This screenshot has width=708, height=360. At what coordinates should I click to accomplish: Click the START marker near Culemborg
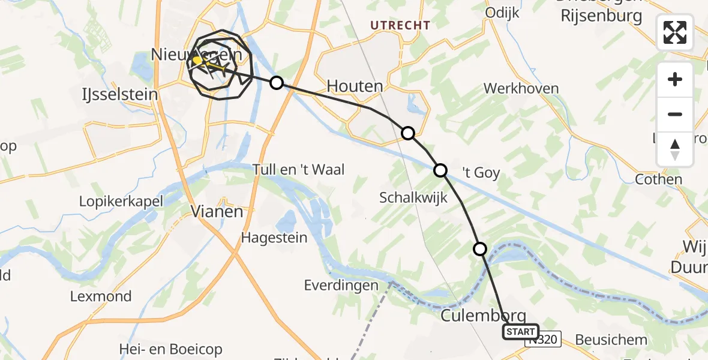click(520, 332)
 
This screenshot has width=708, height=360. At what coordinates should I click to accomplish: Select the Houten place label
click(355, 86)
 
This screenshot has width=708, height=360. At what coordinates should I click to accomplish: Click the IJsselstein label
click(119, 94)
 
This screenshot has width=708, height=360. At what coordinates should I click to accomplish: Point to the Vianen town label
click(217, 211)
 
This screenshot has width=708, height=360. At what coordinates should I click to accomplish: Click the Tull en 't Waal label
click(299, 170)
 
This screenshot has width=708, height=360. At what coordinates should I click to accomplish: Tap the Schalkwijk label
click(413, 197)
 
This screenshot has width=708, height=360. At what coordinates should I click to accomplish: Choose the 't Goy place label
click(481, 173)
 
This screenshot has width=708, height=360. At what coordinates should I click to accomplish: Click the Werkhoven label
click(521, 89)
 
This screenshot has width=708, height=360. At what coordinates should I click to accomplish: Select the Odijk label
click(502, 13)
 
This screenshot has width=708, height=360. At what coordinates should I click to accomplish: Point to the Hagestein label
click(274, 238)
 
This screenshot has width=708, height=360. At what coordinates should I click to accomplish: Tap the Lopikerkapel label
click(121, 201)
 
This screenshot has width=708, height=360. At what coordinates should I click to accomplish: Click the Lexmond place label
click(101, 296)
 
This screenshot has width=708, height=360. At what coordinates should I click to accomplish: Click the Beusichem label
click(611, 340)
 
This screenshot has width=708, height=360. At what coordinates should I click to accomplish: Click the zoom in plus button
click(675, 79)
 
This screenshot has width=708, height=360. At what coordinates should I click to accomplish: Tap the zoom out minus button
click(675, 114)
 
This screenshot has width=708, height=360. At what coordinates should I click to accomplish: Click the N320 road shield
click(544, 340)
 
